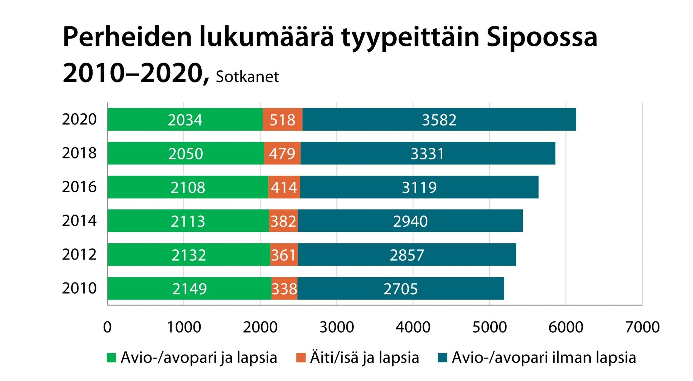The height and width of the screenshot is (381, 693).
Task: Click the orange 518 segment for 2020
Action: click(x=282, y=120)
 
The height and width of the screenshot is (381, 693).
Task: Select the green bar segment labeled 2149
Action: click(x=189, y=289)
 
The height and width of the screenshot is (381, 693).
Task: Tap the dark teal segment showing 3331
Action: click(x=427, y=154)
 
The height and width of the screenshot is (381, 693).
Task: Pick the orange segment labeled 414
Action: click(x=284, y=187)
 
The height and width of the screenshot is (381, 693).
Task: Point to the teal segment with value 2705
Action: click(x=401, y=289)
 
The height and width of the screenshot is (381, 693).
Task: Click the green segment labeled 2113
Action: click(x=188, y=221)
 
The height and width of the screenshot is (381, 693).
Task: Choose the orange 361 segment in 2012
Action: click(x=284, y=255)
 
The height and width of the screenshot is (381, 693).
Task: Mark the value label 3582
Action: click(x=439, y=120)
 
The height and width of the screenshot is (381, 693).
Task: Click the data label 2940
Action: click(x=410, y=221)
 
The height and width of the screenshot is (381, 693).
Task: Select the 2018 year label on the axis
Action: click(x=79, y=153)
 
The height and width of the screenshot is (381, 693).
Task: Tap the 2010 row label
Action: click(x=79, y=288)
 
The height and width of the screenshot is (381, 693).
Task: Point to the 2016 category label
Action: click(x=79, y=187)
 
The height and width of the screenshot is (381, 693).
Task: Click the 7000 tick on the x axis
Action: click(x=642, y=327)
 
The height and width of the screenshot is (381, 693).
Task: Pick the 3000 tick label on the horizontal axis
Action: click(x=337, y=327)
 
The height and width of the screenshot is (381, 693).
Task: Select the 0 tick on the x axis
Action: click(x=107, y=327)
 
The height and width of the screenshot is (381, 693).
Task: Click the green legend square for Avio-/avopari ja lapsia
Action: click(x=111, y=358)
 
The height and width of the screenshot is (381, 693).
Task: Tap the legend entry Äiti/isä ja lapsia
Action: click(x=364, y=358)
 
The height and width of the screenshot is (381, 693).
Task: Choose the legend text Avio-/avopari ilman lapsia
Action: click(x=544, y=358)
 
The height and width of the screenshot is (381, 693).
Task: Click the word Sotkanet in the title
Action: click(x=247, y=77)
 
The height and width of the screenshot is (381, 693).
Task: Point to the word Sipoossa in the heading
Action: click(x=542, y=37)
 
